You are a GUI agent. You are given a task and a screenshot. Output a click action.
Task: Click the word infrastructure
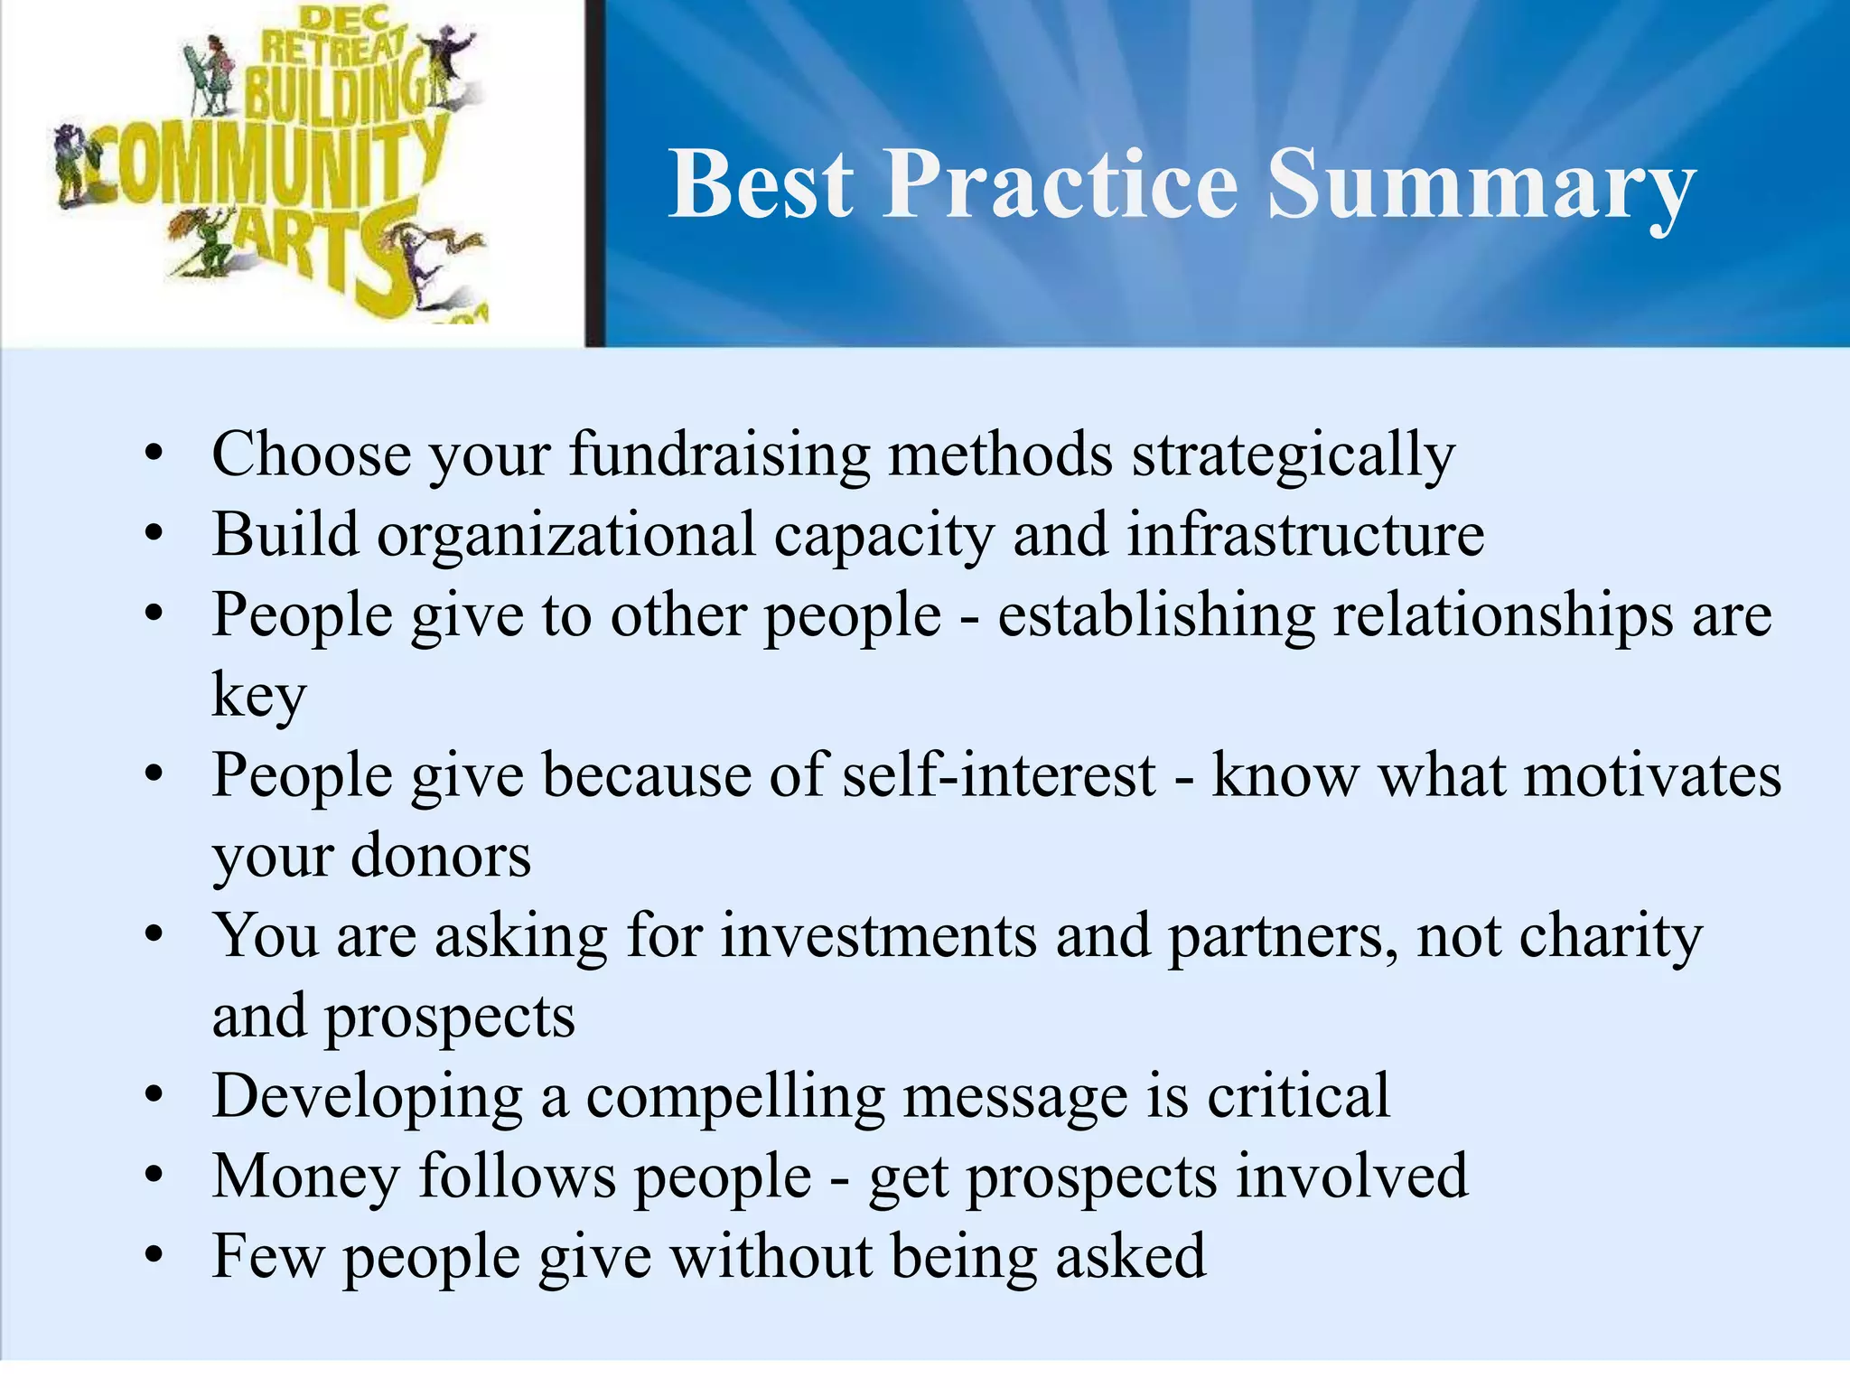pos(1305,535)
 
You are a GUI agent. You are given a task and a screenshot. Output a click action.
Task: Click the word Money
pos(305,1177)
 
